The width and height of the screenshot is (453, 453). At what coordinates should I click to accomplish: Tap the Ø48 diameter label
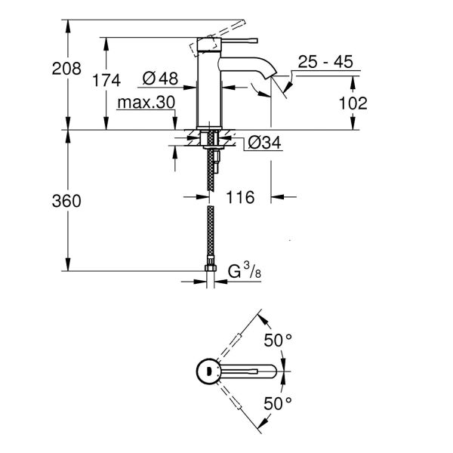(158, 78)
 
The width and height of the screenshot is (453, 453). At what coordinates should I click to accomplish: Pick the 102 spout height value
(352, 102)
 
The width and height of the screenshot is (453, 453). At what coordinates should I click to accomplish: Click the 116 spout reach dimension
(240, 198)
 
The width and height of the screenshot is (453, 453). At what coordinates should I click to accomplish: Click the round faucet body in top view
(205, 371)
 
